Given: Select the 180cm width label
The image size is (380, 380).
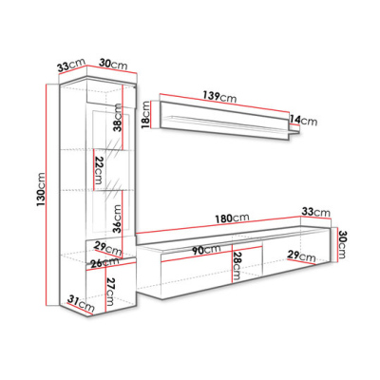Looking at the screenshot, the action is click(x=232, y=218).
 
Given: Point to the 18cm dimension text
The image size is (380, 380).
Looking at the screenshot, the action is click(x=145, y=115).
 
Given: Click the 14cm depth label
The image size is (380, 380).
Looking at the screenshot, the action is click(x=303, y=120).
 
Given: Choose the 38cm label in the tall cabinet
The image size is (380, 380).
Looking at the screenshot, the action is click(x=117, y=118).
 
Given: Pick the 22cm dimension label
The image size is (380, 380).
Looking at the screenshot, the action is click(x=98, y=170).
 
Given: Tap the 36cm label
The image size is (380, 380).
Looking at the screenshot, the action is click(x=117, y=218).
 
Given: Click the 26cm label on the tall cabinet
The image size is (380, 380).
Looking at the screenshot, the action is click(x=104, y=262).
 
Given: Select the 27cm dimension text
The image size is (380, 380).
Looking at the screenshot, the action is click(x=110, y=292).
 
